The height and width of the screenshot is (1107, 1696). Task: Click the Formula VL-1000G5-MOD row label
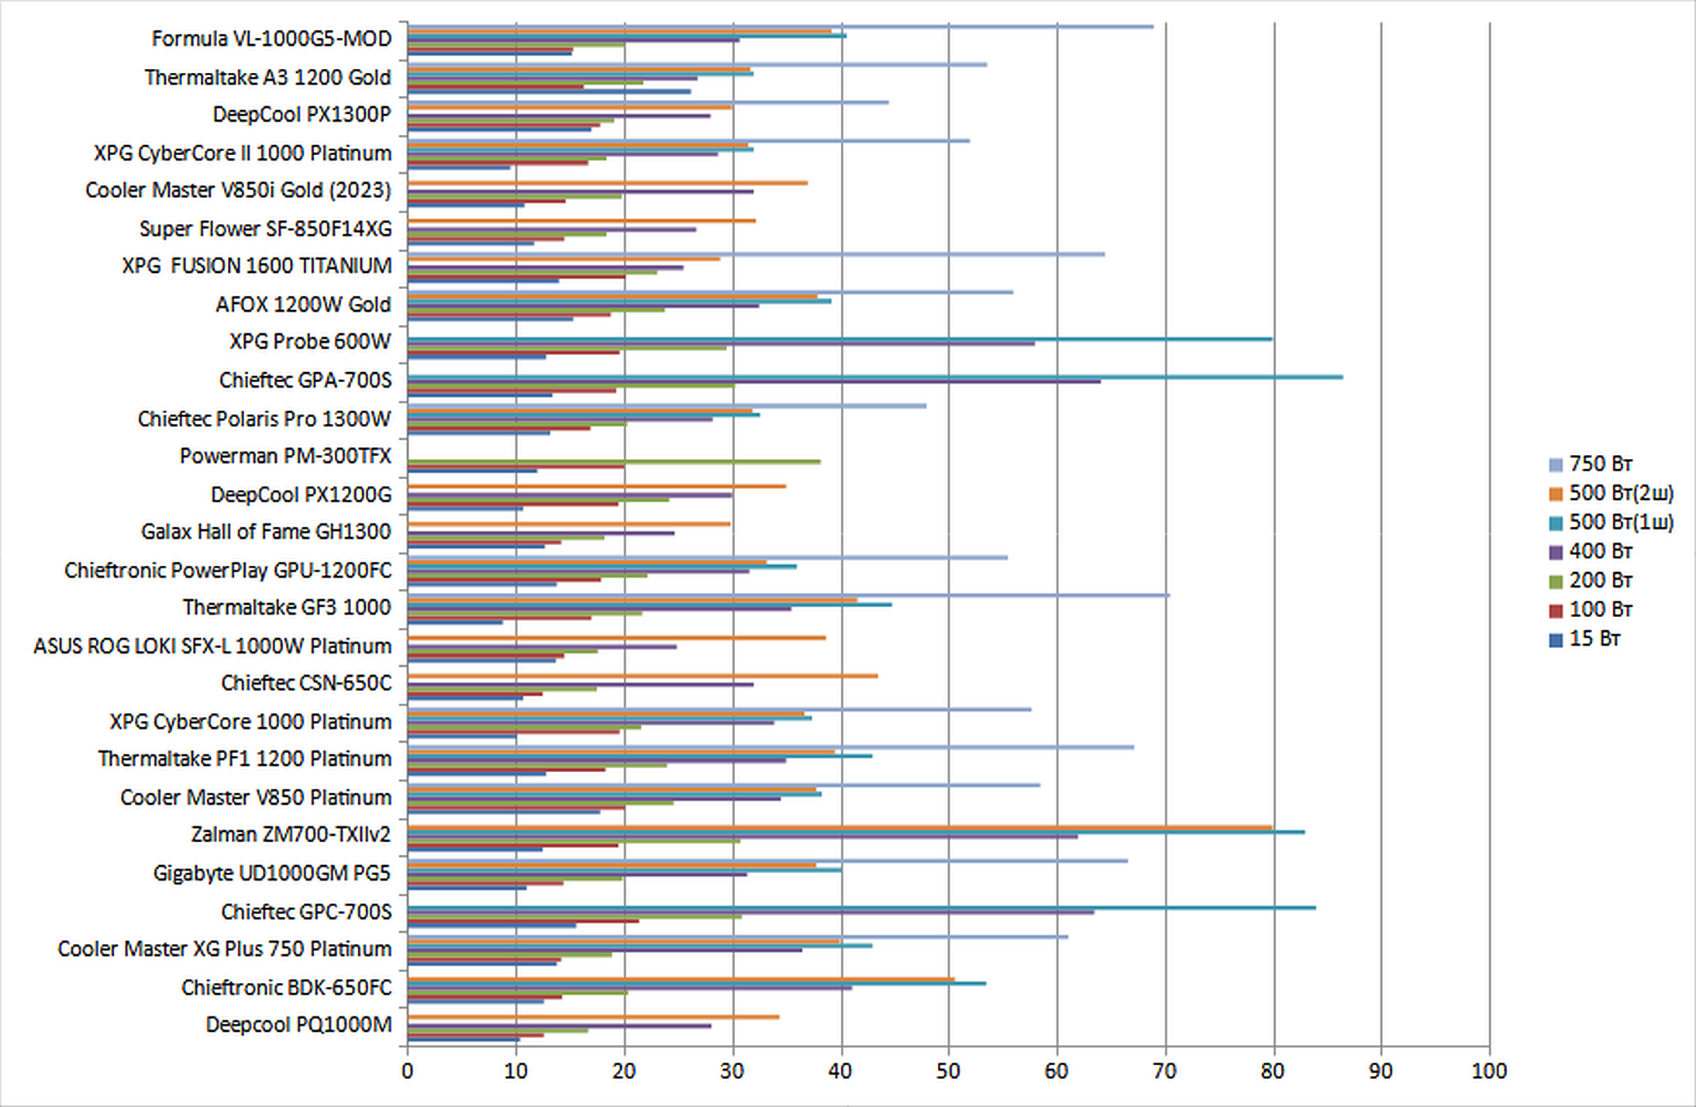point(271,39)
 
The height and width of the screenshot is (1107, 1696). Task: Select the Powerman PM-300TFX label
point(285,456)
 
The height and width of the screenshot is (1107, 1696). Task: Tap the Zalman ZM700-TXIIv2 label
point(291,834)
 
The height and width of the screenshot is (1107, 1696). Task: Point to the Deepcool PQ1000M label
point(298,1025)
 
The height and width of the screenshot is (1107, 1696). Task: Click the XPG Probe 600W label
point(310,342)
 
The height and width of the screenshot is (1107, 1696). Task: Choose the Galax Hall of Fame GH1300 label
point(266,532)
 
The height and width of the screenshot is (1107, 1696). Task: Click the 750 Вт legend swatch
point(1556,465)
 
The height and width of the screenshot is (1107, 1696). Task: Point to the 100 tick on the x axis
point(1489,1071)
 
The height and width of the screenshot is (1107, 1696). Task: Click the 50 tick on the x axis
point(948,1071)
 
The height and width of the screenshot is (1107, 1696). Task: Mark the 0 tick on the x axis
point(408,1071)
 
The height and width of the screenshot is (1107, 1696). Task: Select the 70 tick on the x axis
point(1164,1071)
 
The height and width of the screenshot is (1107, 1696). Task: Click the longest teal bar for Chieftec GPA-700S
point(876,378)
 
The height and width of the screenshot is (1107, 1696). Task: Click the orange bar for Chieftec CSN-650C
point(643,676)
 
